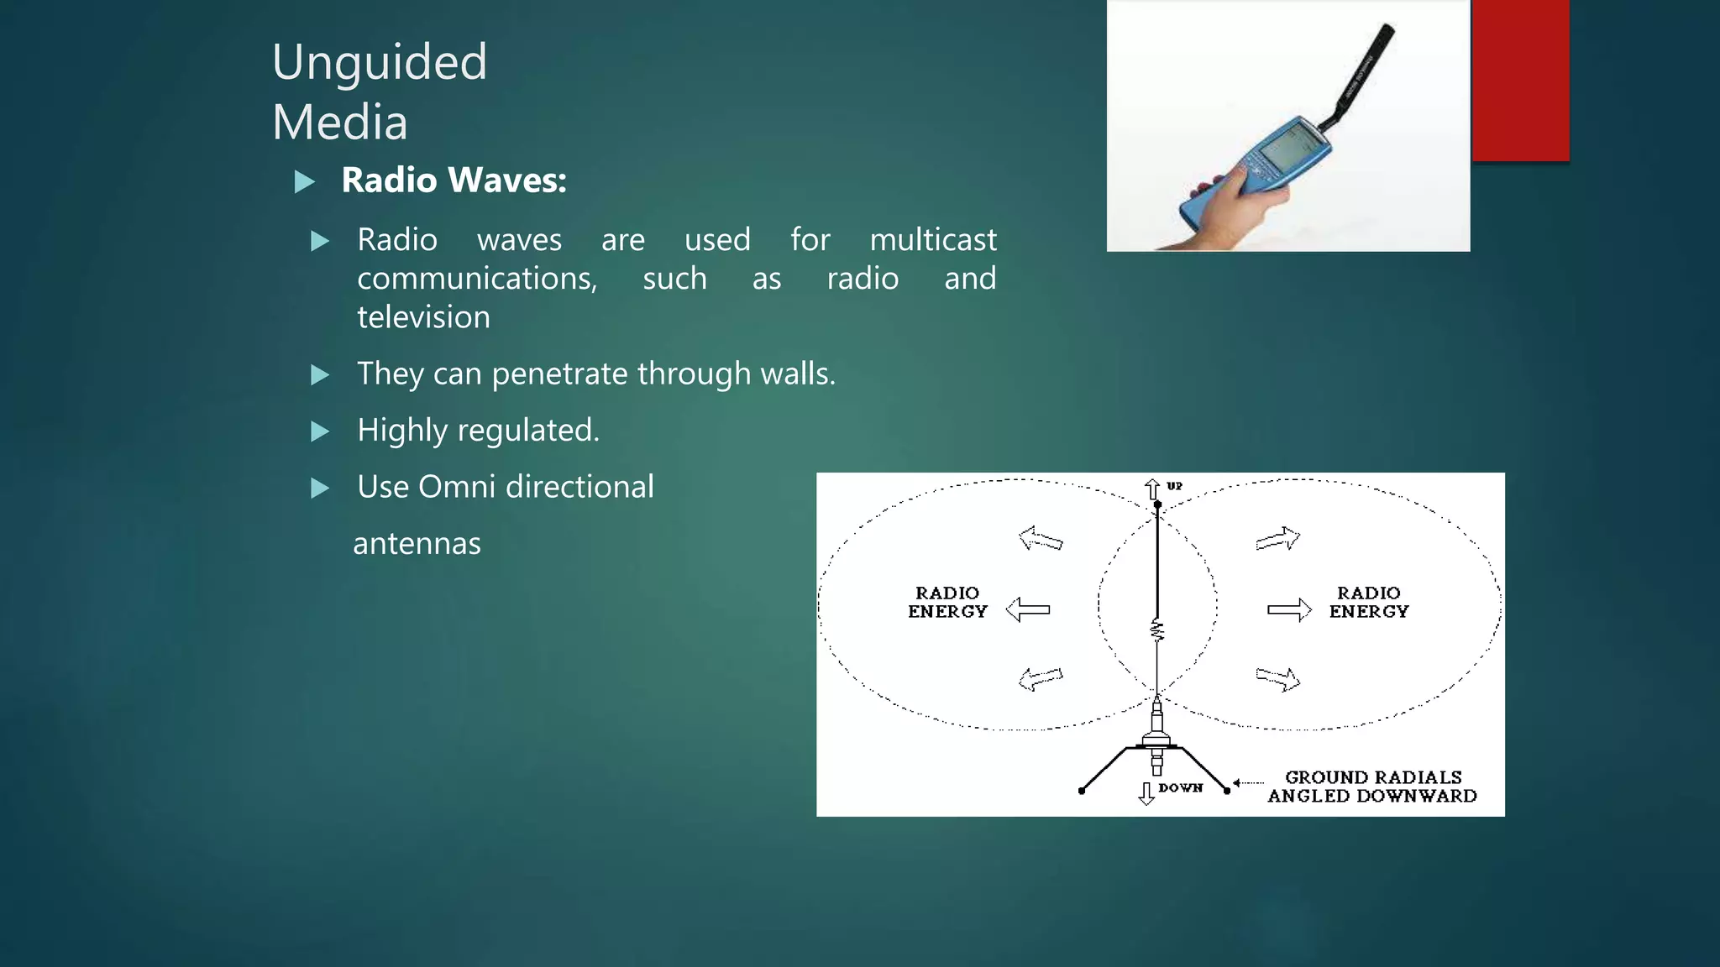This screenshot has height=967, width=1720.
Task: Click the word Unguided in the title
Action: (380, 63)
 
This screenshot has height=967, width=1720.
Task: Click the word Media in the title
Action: (340, 123)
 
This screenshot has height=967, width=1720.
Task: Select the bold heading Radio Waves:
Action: (454, 180)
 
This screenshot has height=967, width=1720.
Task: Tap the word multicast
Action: (932, 240)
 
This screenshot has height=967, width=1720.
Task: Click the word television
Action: (423, 317)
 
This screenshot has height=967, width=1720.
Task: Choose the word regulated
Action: (528, 431)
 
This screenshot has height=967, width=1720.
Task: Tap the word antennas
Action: (417, 544)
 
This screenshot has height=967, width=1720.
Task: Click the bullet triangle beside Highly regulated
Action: (320, 431)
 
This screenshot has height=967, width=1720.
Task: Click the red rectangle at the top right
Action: (1520, 80)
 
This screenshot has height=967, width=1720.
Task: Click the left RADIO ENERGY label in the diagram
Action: (947, 603)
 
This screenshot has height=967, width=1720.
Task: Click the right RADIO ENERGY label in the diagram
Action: (1369, 603)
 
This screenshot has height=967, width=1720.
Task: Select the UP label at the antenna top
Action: (1174, 486)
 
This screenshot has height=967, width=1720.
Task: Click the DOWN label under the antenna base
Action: (1180, 787)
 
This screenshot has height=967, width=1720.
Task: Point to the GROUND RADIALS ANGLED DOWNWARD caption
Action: (1372, 787)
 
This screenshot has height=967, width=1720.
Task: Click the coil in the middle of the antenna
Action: (1157, 630)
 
